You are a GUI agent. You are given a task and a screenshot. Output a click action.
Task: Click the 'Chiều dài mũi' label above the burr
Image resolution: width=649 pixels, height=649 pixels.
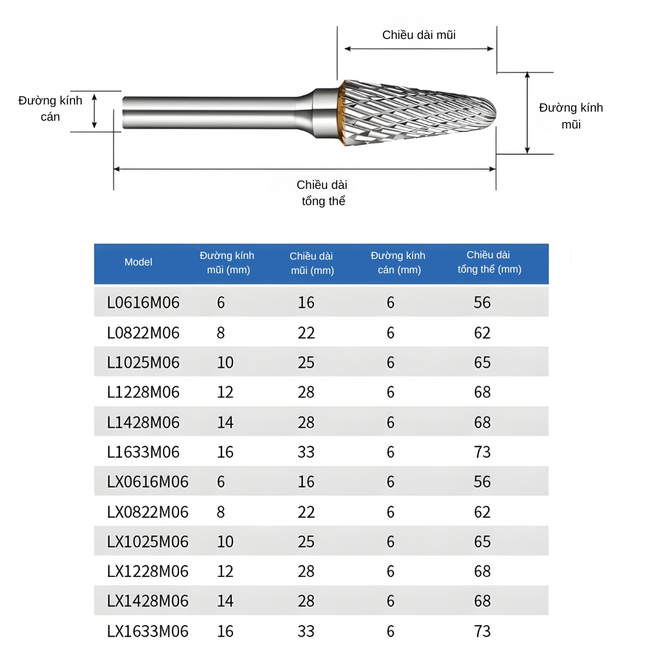[x=419, y=35]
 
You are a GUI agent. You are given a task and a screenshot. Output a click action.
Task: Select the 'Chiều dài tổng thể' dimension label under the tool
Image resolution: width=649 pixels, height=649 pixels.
[x=323, y=193]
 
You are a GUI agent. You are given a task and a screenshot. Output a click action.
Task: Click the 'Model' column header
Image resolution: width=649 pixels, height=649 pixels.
[x=138, y=262]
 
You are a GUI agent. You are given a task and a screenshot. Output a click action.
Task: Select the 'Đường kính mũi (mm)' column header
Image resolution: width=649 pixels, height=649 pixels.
[x=227, y=263]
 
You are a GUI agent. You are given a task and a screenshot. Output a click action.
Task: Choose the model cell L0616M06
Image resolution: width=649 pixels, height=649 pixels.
[x=143, y=302]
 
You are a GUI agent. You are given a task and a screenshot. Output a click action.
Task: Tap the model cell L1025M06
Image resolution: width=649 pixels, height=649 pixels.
[x=143, y=362]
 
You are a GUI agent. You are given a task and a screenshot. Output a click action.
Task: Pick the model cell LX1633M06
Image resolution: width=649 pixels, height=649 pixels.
[x=147, y=631]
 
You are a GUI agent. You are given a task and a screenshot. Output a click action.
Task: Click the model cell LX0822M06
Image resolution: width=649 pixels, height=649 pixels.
[x=147, y=511]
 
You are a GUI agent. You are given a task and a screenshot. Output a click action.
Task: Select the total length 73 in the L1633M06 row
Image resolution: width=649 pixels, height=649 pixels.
[x=482, y=452]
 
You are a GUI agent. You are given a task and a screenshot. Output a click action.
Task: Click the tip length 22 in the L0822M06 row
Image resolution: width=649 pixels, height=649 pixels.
[x=306, y=333]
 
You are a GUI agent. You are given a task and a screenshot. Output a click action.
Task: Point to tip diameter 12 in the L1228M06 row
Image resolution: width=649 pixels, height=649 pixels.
[x=225, y=392]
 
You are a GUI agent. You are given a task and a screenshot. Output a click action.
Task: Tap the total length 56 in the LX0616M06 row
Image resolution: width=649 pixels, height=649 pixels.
[x=482, y=482]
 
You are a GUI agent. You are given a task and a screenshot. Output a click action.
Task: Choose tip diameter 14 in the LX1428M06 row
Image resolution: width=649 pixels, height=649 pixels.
[x=225, y=601]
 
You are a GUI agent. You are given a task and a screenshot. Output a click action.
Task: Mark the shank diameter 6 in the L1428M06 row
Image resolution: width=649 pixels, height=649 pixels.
[x=390, y=422]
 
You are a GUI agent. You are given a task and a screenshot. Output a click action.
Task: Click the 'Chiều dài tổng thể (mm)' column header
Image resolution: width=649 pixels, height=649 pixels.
[x=489, y=262]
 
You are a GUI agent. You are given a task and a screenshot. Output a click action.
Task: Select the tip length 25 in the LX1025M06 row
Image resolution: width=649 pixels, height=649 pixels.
[x=306, y=541]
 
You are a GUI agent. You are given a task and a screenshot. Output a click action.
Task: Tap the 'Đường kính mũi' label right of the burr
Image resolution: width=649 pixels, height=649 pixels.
[x=570, y=116]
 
